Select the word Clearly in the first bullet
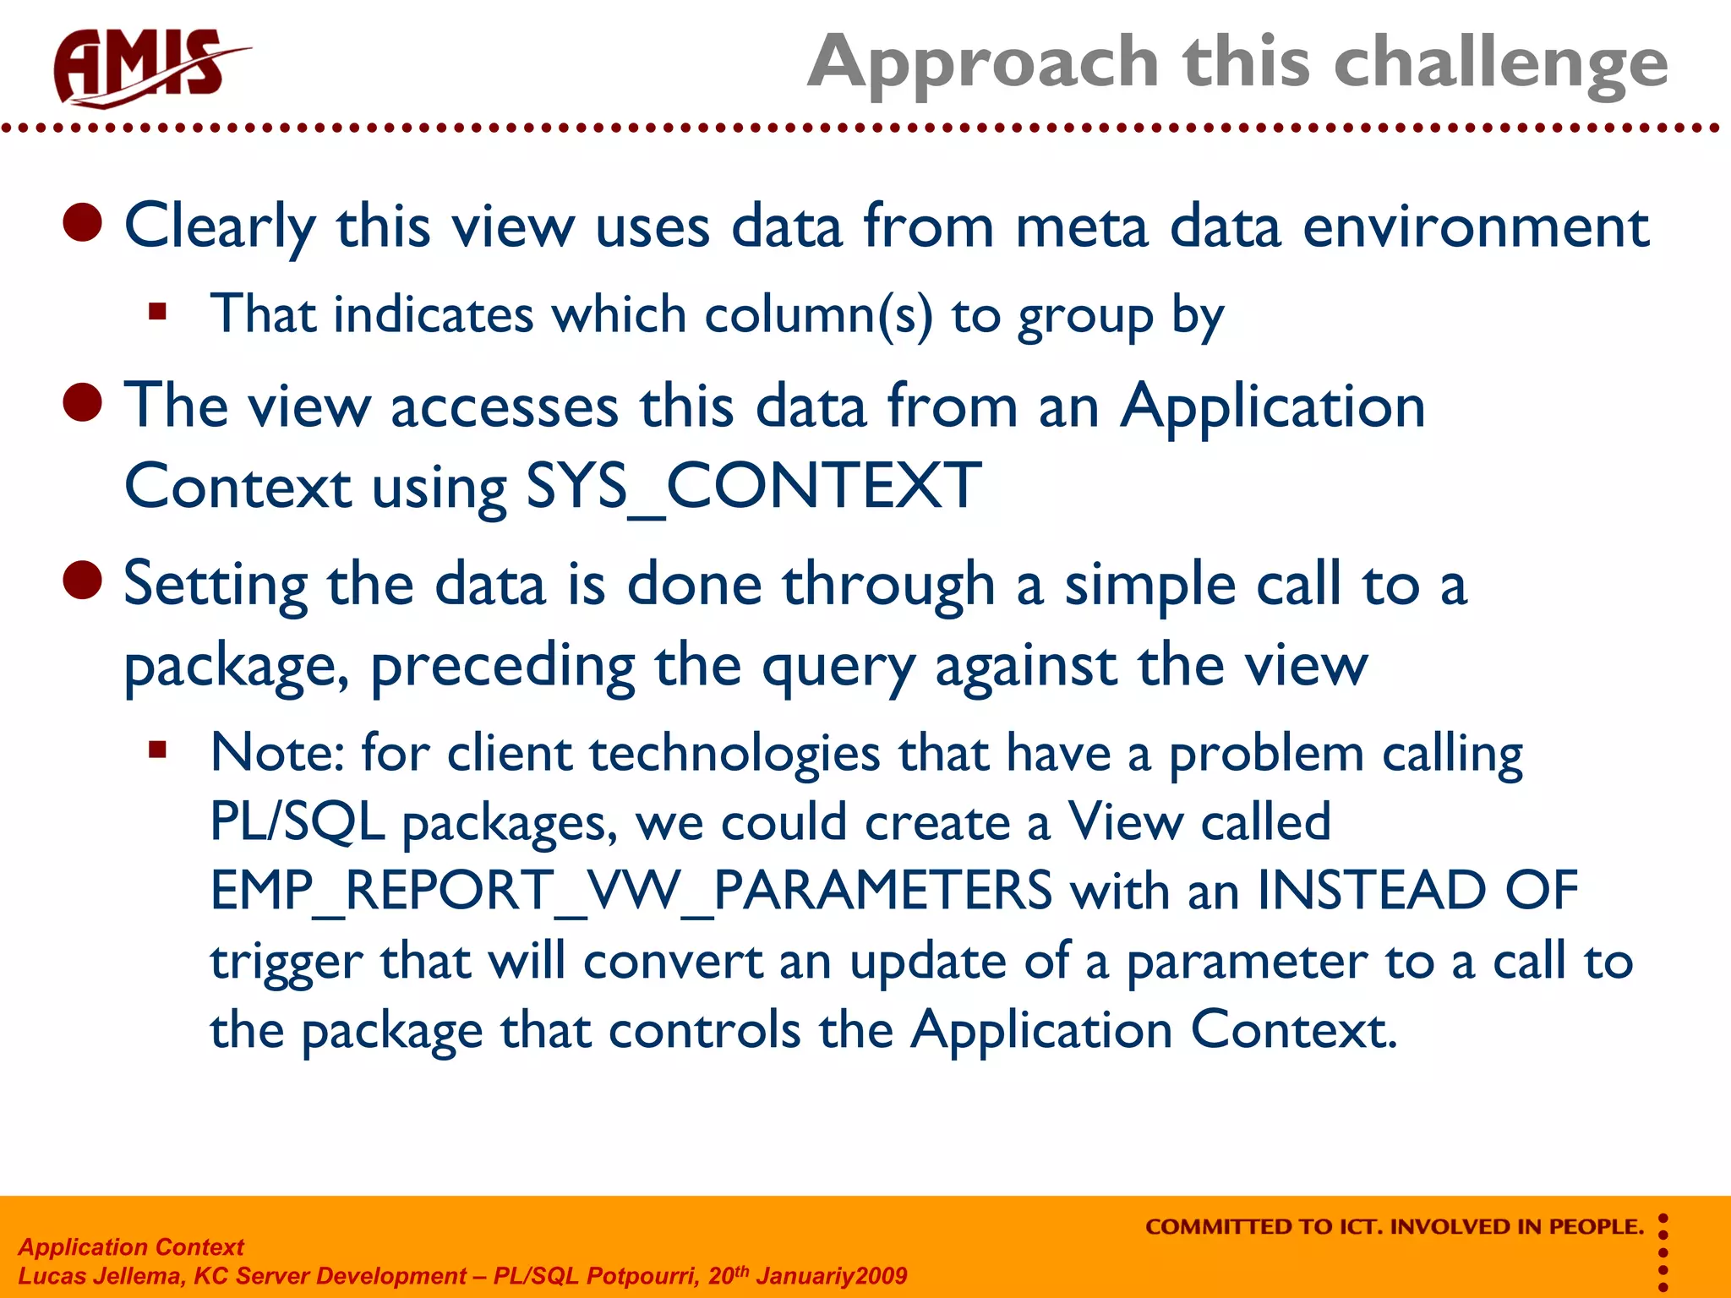click(x=220, y=226)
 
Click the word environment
click(x=1475, y=226)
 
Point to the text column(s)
click(x=818, y=315)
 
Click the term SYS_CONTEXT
click(x=752, y=487)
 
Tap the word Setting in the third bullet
click(x=216, y=585)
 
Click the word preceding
click(x=503, y=666)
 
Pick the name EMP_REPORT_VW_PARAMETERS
click(x=631, y=891)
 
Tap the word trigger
click(x=286, y=962)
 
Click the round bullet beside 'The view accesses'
click(x=83, y=403)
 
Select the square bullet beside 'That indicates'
click(x=157, y=312)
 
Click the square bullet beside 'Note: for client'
click(x=157, y=750)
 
